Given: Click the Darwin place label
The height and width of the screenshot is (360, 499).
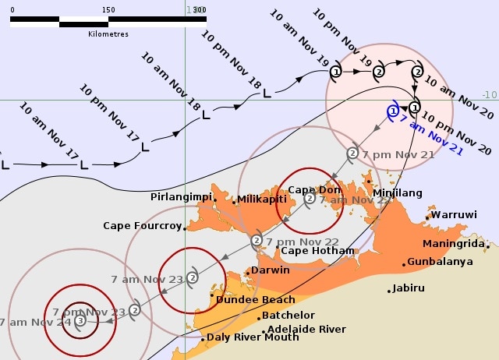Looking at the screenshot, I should (270, 270).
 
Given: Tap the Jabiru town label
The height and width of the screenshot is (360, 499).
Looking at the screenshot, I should (409, 288).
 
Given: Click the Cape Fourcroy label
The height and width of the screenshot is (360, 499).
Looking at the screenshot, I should (142, 226).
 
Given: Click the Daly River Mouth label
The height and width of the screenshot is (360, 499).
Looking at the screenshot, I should (252, 337).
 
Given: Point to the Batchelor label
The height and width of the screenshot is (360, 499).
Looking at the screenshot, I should (288, 316).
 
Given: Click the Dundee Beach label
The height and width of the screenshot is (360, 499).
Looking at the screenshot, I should (256, 299).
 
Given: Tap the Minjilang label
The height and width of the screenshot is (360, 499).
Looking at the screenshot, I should (398, 192).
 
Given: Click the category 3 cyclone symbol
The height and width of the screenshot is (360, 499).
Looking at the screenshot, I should (80, 319).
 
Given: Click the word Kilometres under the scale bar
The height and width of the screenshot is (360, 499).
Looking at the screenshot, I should (108, 34).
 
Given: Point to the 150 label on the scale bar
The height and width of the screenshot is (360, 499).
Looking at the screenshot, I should (108, 9).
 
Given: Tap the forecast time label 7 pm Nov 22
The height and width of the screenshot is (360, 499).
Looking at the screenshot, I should (303, 242).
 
